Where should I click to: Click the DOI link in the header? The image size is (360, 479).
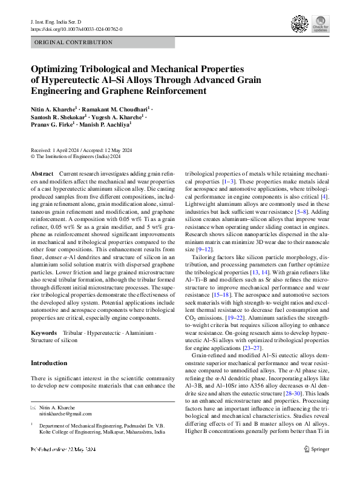coord(72,28)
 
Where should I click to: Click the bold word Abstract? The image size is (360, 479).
coord(41,174)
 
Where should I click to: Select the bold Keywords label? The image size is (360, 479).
coord(44,334)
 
